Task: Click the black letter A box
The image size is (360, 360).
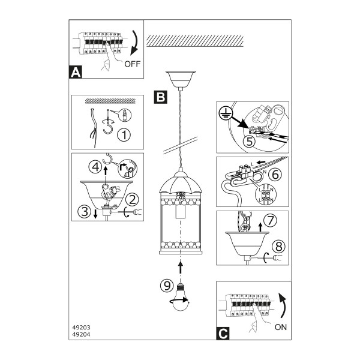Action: point(76,72)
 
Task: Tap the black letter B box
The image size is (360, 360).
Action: point(160,97)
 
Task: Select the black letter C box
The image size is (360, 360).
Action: point(223,334)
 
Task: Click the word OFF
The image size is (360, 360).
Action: point(132,64)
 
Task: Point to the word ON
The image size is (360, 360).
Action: point(281,327)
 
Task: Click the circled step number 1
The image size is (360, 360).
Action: point(124,135)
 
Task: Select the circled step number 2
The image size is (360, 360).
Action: point(133,200)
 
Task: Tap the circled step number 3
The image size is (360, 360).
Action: point(85,211)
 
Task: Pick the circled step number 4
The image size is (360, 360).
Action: point(95,167)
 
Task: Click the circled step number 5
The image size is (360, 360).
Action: point(250,141)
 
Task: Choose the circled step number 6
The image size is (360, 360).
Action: point(275,175)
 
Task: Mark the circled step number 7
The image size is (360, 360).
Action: point(271,220)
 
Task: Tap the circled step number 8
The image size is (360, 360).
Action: point(279,247)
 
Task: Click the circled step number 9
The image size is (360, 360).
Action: point(167,286)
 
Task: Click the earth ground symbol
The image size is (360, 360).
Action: point(226,113)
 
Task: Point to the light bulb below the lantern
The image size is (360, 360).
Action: point(181,298)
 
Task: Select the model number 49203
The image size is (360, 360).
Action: point(81,328)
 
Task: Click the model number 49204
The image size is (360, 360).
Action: point(81,335)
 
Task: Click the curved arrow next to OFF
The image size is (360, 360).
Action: point(136,43)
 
